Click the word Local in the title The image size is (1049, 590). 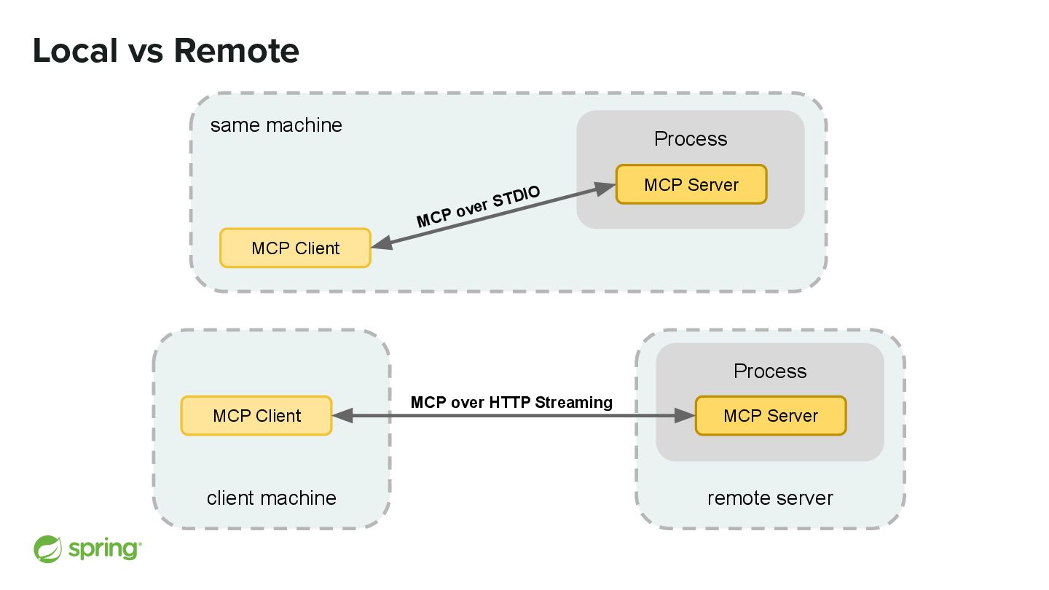tap(75, 50)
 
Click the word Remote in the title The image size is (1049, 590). tap(237, 50)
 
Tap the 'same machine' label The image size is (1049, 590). tap(276, 125)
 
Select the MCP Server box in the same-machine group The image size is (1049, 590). tap(691, 184)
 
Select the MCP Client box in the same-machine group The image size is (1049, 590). tap(296, 248)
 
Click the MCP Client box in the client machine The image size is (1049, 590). tap(256, 416)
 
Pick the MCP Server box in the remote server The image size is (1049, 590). tap(771, 416)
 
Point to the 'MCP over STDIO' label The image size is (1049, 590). tap(478, 207)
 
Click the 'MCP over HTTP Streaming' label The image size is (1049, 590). tap(511, 402)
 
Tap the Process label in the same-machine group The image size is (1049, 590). tap(691, 139)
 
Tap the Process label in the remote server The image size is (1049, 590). tap(771, 371)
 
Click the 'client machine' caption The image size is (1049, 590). tap(272, 498)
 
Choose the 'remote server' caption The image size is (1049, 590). tap(771, 498)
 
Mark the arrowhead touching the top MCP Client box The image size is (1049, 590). tap(382, 243)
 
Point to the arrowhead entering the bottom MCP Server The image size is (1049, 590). tap(685, 416)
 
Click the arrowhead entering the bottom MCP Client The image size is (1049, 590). tap(343, 416)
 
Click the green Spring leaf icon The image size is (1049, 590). tap(47, 549)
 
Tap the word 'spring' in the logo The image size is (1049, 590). tap(104, 548)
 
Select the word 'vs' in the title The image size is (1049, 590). tap(146, 54)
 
